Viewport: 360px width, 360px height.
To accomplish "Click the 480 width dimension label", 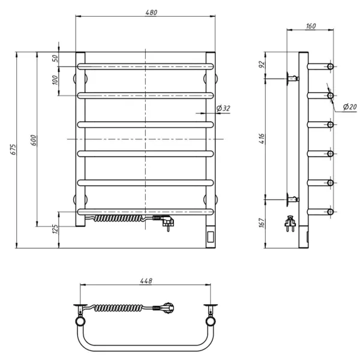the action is [151, 13].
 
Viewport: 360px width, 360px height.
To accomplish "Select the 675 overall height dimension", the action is [13, 149].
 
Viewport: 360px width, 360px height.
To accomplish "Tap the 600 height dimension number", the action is [34, 140].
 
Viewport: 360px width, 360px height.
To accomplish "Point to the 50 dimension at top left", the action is [55, 59].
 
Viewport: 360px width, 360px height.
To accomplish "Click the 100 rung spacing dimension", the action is [55, 80].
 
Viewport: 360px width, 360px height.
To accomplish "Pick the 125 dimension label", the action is [55, 229].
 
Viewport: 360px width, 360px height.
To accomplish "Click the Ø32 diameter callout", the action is [223, 108].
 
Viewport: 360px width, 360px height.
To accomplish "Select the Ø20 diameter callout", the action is [350, 107].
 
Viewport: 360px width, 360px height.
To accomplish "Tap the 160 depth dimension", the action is [311, 26].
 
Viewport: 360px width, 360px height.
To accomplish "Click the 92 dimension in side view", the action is [262, 65].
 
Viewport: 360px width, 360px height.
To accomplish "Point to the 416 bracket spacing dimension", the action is [262, 139].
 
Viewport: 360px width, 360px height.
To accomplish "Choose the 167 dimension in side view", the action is [262, 223].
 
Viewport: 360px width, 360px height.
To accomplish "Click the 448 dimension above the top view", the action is [146, 281].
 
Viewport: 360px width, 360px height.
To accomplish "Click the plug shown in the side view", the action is [290, 224].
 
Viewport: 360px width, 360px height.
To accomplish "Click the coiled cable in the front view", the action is [118, 218].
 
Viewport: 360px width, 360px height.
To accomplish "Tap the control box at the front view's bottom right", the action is [211, 237].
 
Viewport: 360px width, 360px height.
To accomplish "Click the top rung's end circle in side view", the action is [330, 67].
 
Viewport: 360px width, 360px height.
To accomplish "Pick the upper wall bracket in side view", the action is [293, 79].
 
